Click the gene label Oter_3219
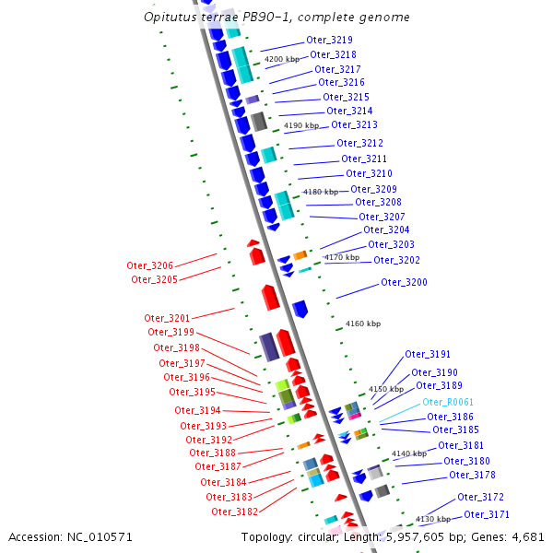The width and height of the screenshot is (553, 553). coord(329,41)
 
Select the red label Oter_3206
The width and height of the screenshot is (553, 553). coord(150,265)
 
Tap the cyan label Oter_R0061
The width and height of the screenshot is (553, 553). coord(447,403)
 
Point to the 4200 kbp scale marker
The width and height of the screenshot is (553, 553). coord(282,59)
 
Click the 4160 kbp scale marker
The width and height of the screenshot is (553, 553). coord(362,324)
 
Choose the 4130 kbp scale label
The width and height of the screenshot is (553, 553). coord(432,520)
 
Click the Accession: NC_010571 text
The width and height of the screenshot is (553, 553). coord(71,536)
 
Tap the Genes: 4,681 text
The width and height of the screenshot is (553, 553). coord(512,536)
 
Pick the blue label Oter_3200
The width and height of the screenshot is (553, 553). coord(404,283)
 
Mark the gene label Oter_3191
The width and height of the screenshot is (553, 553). coord(428,355)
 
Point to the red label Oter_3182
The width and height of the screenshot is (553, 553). coord(234,512)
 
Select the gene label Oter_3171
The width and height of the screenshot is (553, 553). coord(487,514)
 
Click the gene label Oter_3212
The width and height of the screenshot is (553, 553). coord(359,144)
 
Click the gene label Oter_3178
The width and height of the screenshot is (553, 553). coord(472,476)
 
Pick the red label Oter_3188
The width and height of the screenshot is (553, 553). coord(212,453)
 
